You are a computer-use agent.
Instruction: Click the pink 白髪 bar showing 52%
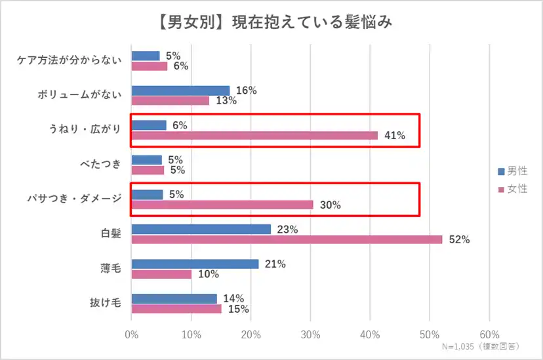[287, 240]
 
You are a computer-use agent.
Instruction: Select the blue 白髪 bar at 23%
[201, 230]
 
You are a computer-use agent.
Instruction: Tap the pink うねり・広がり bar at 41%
[254, 136]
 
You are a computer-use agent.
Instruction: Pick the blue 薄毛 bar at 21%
[195, 264]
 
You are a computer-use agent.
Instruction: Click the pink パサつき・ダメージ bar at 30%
[222, 205]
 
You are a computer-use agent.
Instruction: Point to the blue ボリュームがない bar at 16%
[180, 90]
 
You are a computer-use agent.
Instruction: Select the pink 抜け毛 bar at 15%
[176, 309]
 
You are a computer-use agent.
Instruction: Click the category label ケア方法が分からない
[69, 61]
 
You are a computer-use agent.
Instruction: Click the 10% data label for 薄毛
[209, 274]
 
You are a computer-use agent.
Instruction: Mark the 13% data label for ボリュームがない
[227, 101]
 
